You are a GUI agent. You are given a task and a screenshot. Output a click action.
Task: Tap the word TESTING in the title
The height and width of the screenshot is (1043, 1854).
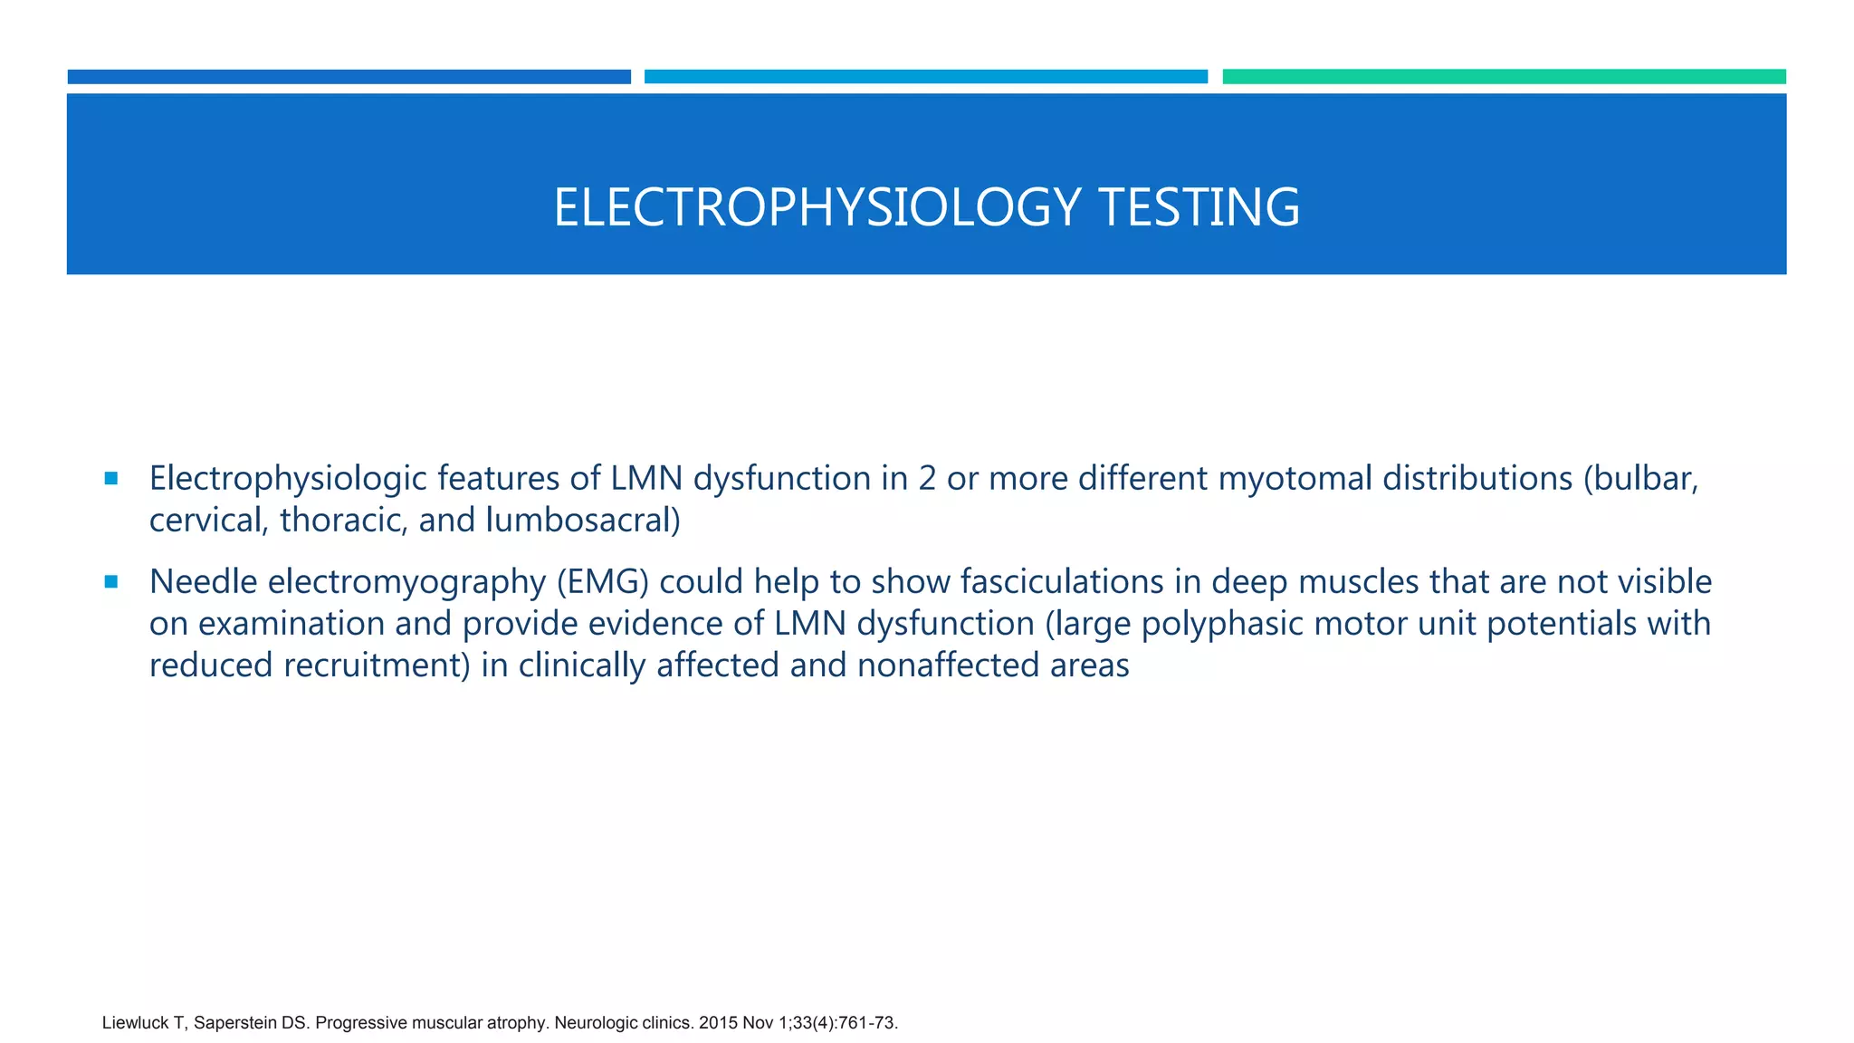pos(1199,207)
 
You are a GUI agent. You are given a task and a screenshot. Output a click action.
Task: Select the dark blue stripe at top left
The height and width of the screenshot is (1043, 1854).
pos(349,77)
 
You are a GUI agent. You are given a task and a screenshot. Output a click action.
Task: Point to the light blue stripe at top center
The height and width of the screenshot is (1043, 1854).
pos(925,77)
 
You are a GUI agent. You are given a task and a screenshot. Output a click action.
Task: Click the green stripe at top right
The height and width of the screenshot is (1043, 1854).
pos(1504,77)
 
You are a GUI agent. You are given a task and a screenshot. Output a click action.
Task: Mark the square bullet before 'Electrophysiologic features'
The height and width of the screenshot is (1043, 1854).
pos(111,478)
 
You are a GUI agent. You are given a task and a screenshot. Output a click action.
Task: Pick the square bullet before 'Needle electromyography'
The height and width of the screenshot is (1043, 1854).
pos(111,581)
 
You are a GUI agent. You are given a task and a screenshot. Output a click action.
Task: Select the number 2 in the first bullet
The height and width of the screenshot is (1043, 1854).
pos(927,478)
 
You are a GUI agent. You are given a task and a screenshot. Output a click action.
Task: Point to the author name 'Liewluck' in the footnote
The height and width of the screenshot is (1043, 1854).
pos(135,1023)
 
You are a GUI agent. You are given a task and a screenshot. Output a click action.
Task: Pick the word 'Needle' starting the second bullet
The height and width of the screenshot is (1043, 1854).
pos(204,581)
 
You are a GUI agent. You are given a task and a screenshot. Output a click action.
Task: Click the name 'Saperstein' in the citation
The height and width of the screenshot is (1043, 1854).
pos(235,1023)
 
